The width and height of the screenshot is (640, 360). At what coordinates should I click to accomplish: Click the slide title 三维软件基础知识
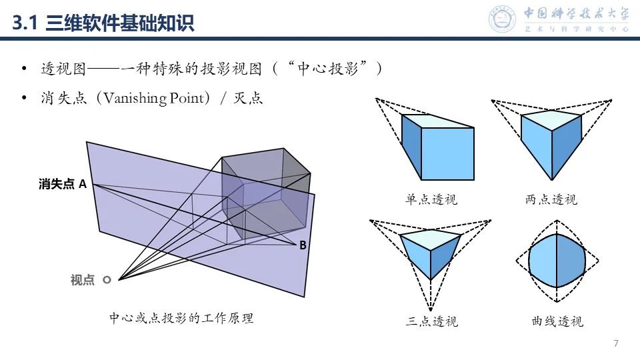coord(120,25)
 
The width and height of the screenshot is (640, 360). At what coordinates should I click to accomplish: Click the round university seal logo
coord(503,19)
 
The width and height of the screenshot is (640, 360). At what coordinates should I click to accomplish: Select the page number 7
coord(616,343)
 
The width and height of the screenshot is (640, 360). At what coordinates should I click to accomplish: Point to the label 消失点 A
coord(63,184)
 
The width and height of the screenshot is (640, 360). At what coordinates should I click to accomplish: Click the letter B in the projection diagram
coord(303,245)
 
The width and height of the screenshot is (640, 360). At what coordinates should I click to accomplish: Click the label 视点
coord(83,281)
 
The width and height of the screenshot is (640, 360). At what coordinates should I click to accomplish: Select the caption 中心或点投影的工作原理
coord(181,318)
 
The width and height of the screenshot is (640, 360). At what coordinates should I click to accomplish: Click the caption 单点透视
coord(431,199)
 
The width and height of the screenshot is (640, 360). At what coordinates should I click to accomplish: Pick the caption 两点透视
coord(551,199)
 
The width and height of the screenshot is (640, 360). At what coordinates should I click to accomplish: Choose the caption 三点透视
coord(431,321)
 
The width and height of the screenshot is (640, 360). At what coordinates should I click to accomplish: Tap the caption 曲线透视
coord(557,321)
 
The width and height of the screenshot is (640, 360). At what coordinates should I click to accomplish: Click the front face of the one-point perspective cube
coord(447,153)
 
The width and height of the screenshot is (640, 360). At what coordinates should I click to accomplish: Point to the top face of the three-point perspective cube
coord(430,239)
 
